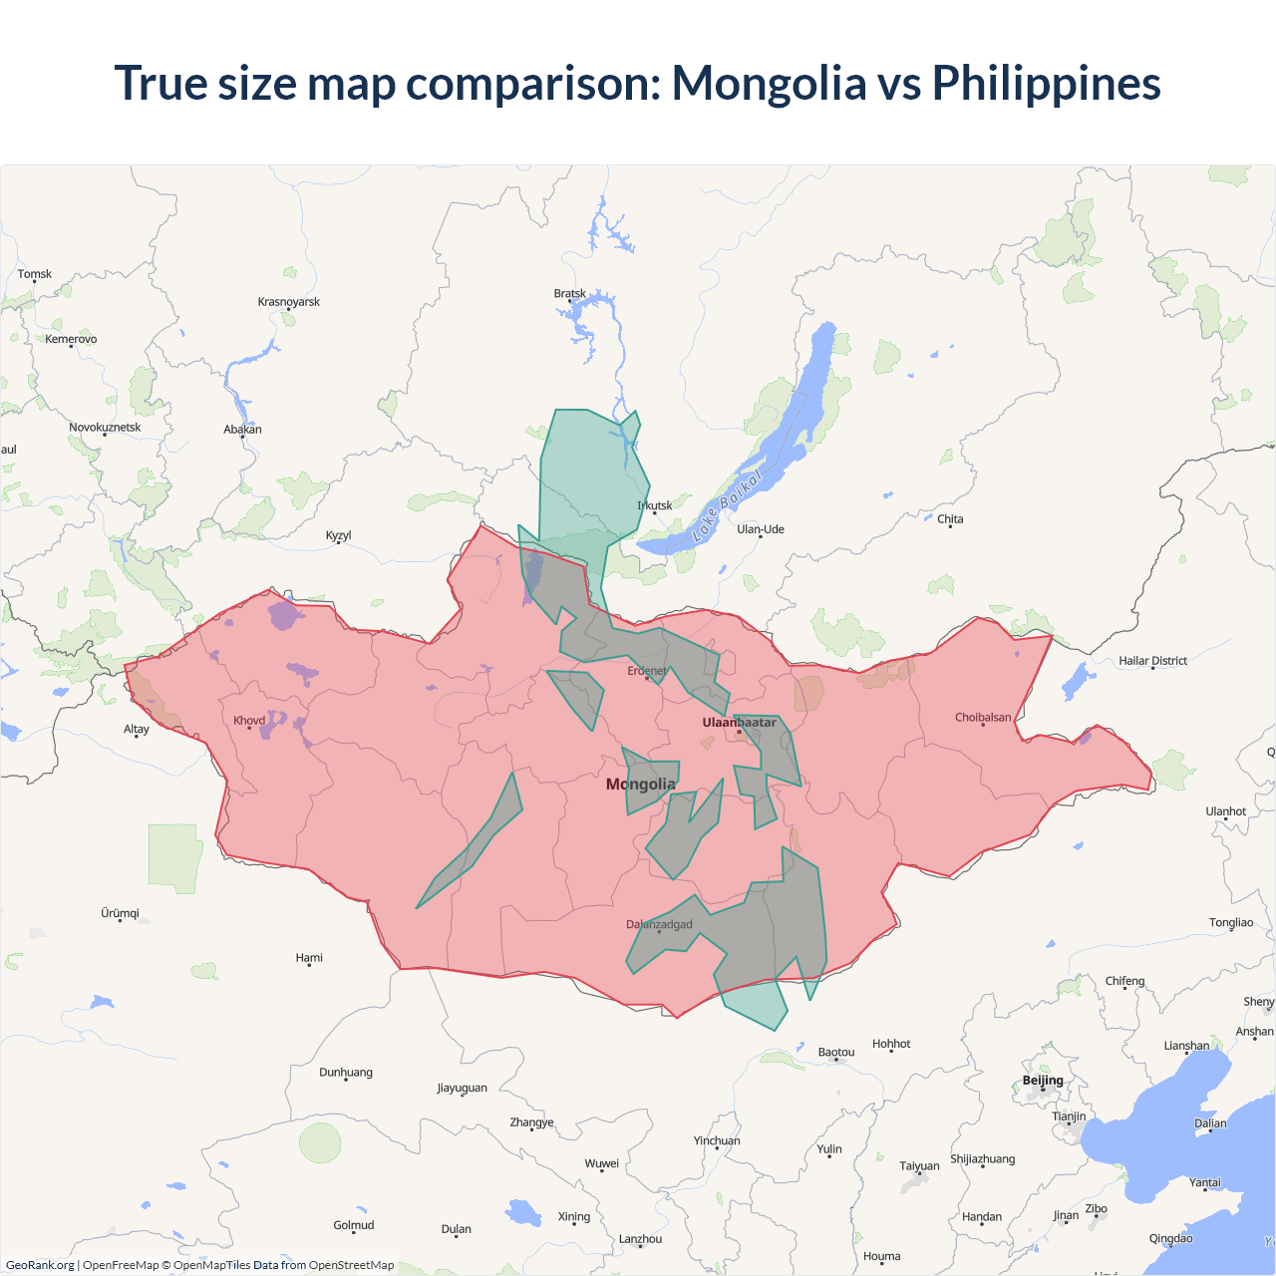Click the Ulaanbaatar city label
(739, 723)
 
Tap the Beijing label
(1043, 1081)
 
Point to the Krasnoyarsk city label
(289, 302)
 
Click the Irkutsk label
(655, 505)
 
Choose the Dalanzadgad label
(659, 924)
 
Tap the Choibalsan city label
(983, 718)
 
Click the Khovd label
(249, 721)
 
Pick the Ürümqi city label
(121, 913)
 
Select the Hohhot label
(891, 1044)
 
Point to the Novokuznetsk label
(105, 428)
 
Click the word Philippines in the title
(1046, 83)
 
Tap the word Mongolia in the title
(769, 83)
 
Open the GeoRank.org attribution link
(40, 1265)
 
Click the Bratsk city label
(570, 293)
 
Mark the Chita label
(950, 519)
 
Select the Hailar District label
(1152, 661)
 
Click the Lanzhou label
(640, 1239)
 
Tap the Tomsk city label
(35, 274)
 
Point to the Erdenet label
(647, 671)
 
